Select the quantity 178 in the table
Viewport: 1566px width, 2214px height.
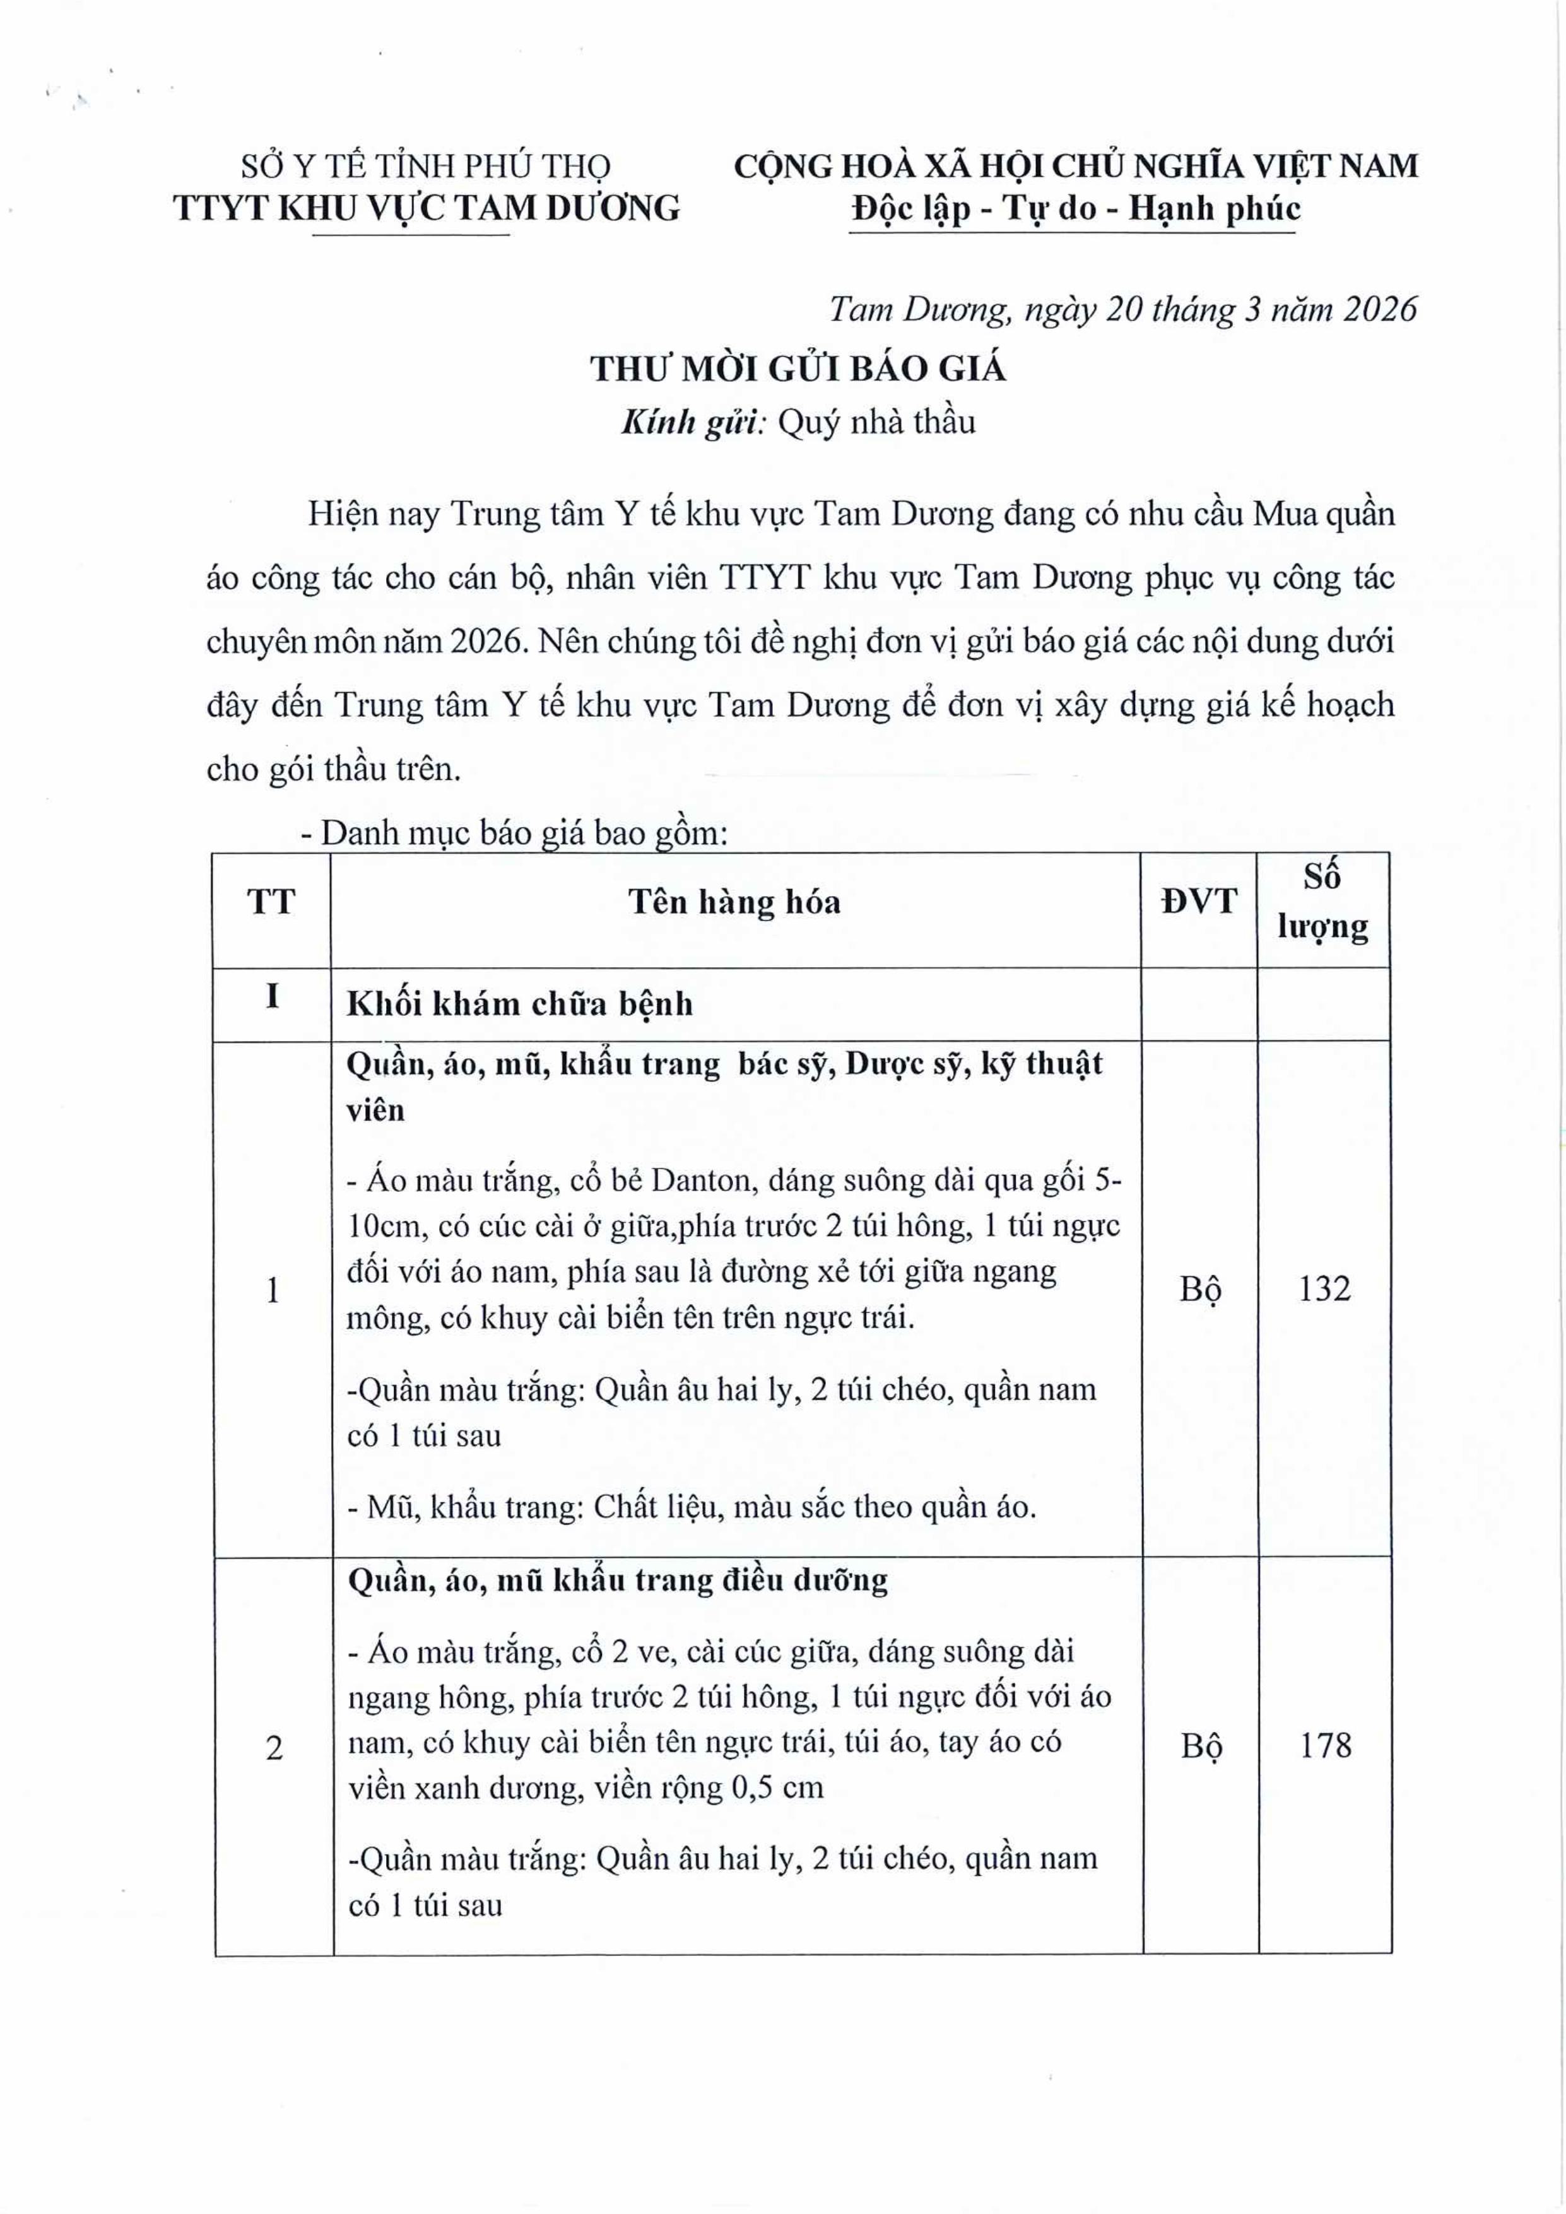(1325, 1745)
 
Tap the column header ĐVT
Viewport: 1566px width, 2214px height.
(1199, 902)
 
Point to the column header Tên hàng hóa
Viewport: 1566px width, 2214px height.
(735, 902)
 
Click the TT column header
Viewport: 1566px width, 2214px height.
(271, 902)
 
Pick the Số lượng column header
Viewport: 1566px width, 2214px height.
(1323, 902)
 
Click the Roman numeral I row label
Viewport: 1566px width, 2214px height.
(273, 996)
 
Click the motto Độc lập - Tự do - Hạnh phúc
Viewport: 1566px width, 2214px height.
(1075, 208)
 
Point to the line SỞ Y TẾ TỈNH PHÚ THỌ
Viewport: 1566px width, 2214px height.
(425, 167)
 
